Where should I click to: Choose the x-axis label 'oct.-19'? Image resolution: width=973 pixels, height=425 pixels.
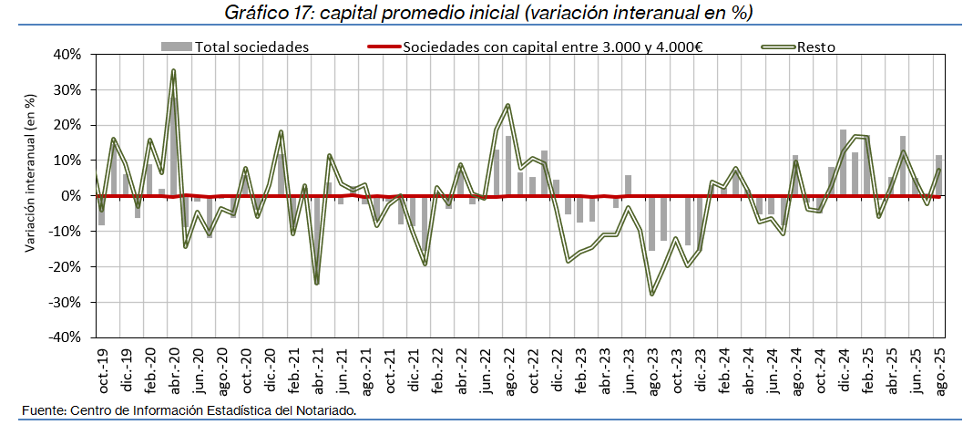point(101,369)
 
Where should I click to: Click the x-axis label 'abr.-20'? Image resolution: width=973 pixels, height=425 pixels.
point(173,369)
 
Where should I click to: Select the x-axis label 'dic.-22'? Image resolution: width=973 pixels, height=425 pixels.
point(557,369)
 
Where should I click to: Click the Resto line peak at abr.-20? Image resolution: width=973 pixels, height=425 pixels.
point(173,70)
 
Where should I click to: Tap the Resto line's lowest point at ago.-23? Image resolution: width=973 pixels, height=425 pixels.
point(652,294)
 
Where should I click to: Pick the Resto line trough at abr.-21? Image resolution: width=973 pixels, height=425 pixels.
point(316,283)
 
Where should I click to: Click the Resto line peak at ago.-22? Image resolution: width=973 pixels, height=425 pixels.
point(508,105)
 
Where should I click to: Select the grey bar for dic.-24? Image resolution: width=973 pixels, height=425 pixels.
point(843,163)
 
